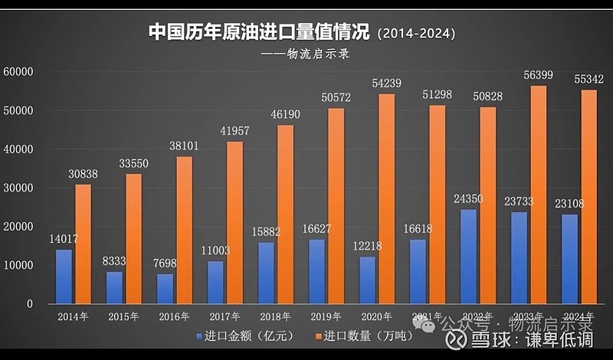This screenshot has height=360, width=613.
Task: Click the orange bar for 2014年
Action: [83, 244]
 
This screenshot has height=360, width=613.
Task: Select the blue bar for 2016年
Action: [166, 289]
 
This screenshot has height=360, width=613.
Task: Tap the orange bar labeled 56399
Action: [539, 195]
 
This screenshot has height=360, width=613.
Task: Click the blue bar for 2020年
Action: [367, 280]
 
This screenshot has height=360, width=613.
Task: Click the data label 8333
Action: [113, 260]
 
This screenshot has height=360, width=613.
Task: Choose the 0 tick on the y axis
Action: [29, 304]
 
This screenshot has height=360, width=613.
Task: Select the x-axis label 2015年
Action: [123, 316]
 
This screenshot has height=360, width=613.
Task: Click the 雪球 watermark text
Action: [493, 340]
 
